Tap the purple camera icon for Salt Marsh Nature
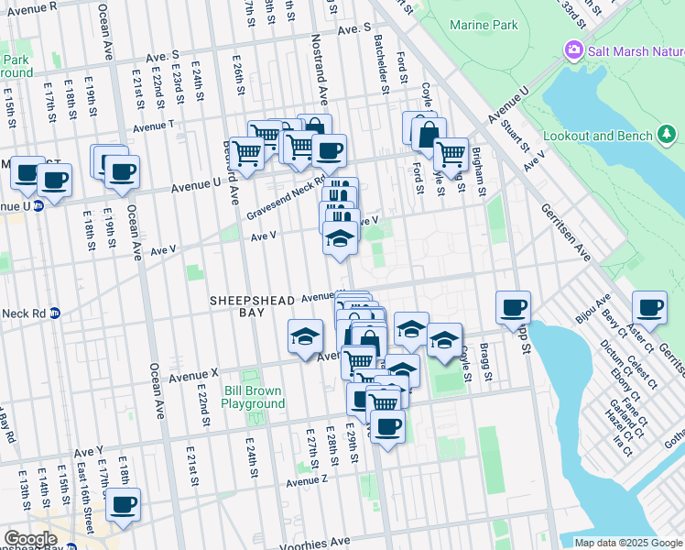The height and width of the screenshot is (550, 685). pos(574,49)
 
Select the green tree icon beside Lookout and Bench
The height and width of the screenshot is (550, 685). pos(667,136)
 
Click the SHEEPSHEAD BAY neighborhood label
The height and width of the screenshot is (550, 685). pos(249,306)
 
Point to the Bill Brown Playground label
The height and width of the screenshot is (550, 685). pos(254,398)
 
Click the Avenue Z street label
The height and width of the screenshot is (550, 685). pos(306,481)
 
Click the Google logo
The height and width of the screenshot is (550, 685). pos(31,540)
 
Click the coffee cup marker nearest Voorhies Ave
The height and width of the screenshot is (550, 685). pos(122,504)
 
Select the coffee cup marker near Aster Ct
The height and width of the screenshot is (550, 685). pos(649,308)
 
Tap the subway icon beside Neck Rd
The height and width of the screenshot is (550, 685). pos(54,313)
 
